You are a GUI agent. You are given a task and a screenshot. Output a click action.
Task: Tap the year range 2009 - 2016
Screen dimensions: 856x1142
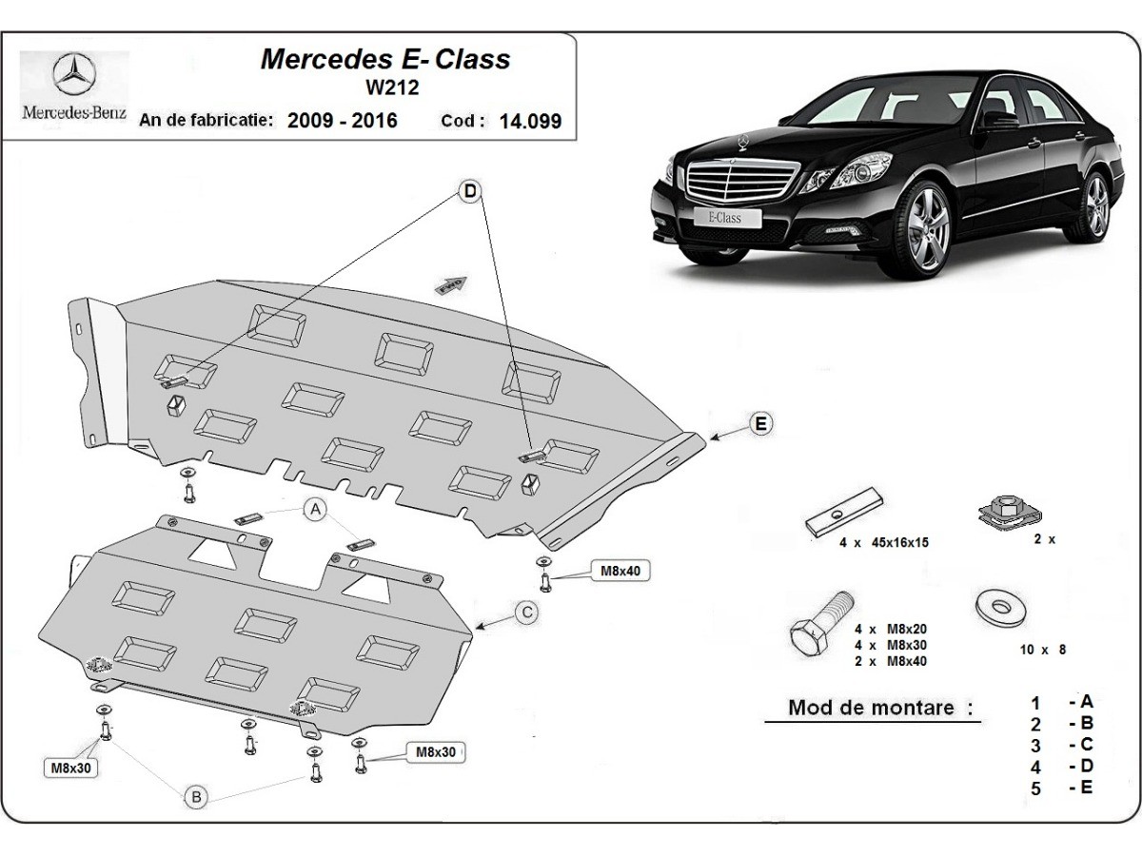point(342,121)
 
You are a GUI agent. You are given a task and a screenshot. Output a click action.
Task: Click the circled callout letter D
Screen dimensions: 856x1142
point(469,192)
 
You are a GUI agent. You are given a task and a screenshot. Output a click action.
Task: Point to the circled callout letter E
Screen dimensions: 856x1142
point(759,424)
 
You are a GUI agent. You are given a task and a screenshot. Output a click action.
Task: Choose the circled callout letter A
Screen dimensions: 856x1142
point(315,512)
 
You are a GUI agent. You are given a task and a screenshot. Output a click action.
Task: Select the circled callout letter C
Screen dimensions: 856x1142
point(524,613)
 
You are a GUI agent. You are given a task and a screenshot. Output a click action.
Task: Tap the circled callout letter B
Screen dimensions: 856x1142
point(195,797)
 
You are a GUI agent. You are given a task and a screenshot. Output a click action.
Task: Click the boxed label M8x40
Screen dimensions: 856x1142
point(619,571)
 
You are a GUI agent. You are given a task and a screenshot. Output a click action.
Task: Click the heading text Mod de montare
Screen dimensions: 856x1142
point(880,708)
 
